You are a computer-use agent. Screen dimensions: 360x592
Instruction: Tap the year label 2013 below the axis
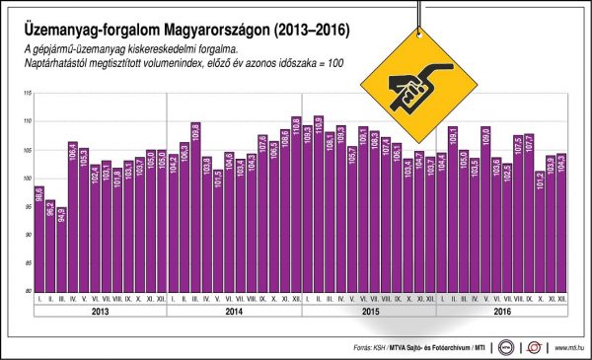pos(100,313)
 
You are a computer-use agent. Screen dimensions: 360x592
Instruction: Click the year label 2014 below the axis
pos(234,313)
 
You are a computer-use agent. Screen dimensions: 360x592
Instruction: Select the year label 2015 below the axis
pos(368,313)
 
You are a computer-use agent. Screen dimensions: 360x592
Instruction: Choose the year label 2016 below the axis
pos(501,313)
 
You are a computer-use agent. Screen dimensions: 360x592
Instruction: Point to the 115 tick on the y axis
pos(27,94)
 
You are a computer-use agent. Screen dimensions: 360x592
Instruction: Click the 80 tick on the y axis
pos(28,294)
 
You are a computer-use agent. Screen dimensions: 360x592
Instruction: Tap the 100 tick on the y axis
pos(27,180)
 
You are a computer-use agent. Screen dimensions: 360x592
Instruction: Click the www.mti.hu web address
pos(570,347)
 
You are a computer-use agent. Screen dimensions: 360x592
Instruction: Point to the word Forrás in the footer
pos(365,347)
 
